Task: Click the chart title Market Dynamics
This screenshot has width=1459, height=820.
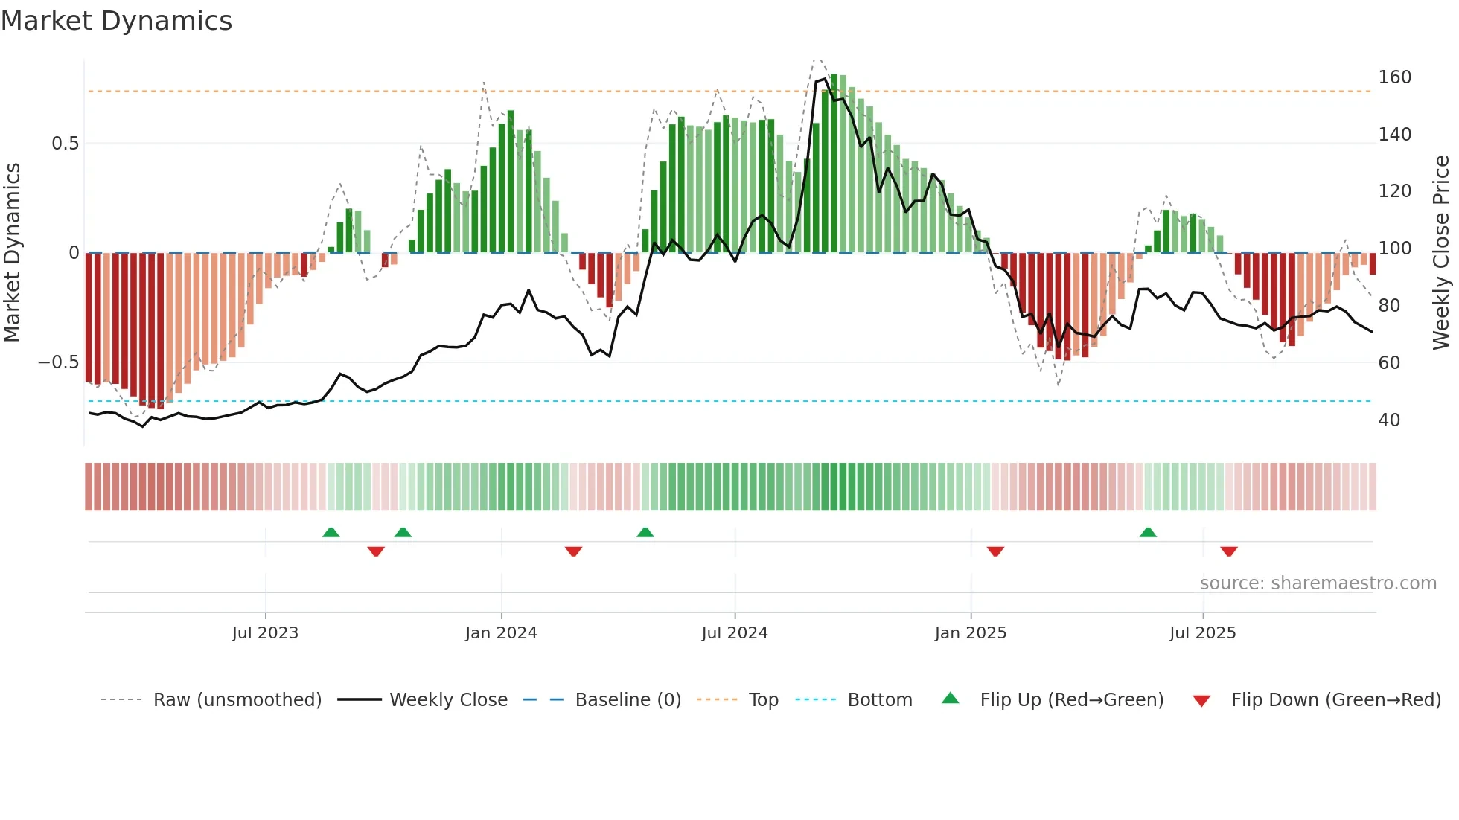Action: [116, 21]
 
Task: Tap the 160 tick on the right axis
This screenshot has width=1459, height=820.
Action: [1394, 77]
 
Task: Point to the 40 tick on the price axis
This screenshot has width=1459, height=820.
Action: [1389, 420]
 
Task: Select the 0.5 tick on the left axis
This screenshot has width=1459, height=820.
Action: [66, 144]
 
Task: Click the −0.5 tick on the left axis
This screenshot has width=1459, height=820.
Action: [59, 362]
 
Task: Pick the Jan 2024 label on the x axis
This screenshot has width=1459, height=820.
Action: [501, 633]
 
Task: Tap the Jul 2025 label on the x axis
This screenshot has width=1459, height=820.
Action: [1202, 633]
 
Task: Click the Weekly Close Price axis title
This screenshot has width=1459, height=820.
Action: [1441, 253]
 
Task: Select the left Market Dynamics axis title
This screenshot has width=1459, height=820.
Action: [12, 253]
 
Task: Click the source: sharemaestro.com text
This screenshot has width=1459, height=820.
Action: [1318, 583]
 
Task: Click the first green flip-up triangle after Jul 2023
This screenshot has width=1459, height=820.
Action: [331, 532]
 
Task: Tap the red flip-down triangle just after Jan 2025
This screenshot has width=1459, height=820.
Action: [995, 551]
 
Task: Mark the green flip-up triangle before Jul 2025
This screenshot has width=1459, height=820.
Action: [1148, 532]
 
